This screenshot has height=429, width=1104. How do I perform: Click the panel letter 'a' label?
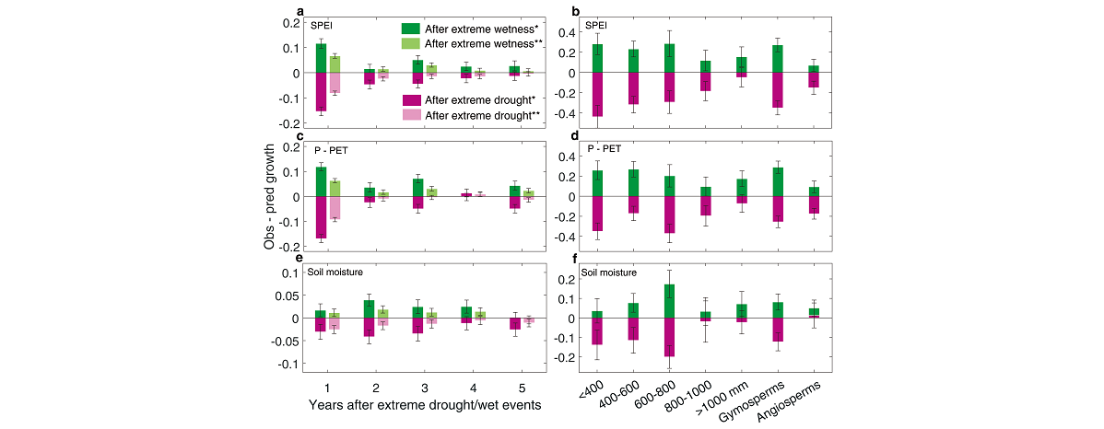(300, 12)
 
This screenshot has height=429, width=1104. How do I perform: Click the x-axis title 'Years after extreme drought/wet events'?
(413, 405)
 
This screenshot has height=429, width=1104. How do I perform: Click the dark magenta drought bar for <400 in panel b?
(597, 94)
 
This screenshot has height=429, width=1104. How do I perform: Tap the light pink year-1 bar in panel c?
(335, 207)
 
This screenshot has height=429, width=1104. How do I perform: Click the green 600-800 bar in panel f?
(669, 301)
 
